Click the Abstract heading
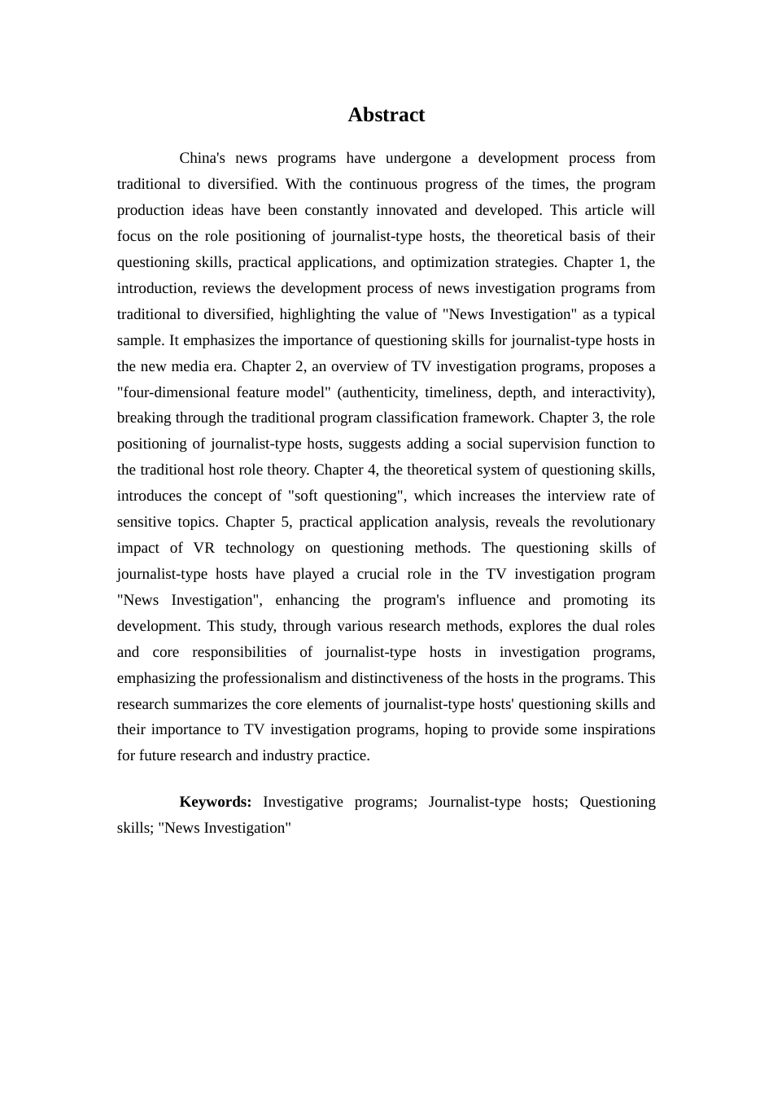point(386,115)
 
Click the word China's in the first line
point(202,158)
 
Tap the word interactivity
point(612,392)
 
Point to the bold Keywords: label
point(216,802)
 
